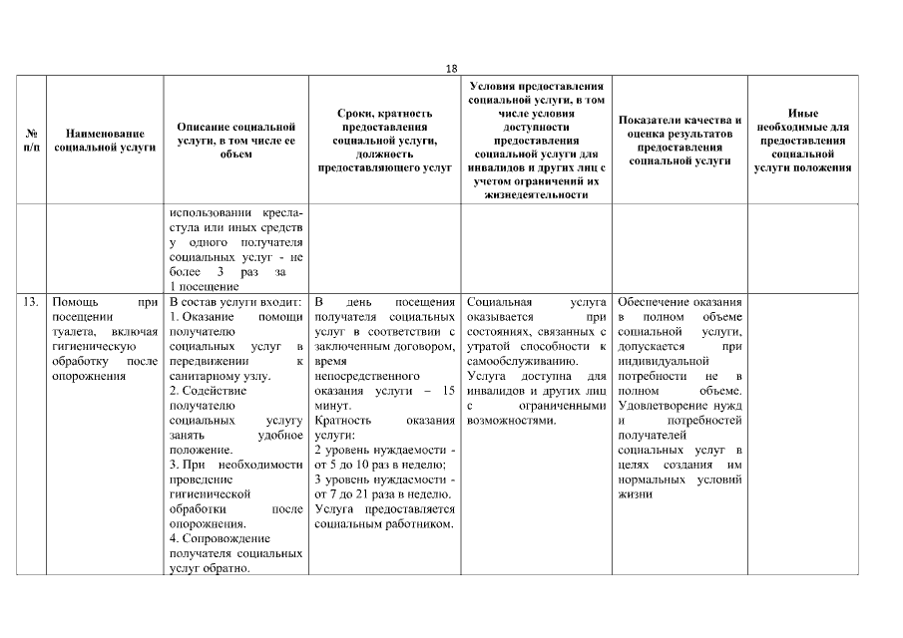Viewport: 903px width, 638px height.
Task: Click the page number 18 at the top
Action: click(452, 68)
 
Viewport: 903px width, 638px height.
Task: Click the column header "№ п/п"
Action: click(30, 140)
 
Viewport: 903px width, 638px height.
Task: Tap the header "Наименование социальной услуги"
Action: click(105, 140)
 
